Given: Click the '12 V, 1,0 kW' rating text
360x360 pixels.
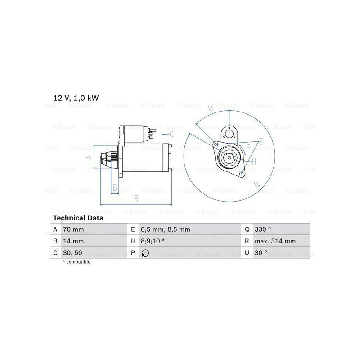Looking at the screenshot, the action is pos(76,98).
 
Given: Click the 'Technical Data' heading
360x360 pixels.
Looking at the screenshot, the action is pos(78,218).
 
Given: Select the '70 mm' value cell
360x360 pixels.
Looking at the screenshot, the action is pos(73,229).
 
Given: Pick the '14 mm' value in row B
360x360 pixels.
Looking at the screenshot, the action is pos(73,241).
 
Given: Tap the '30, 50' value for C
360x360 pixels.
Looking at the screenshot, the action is pos(72,253).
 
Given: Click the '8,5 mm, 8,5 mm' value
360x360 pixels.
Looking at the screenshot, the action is pos(165,229).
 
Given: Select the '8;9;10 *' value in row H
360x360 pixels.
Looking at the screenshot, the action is pos(153,241).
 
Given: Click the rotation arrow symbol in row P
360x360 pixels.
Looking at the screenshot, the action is pos(145,253).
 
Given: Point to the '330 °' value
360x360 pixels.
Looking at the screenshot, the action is pos(263,229).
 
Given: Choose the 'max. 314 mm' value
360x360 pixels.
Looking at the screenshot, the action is pos(275,241).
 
